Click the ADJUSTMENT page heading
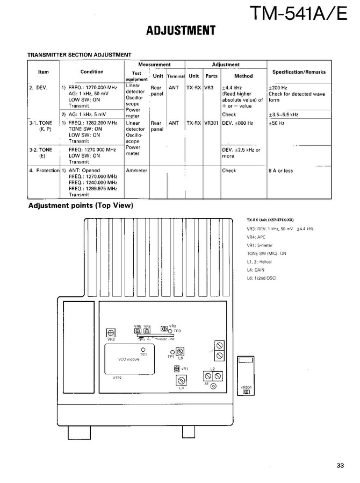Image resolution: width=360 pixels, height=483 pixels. (x=181, y=31)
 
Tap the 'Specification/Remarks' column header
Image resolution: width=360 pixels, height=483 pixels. (x=299, y=72)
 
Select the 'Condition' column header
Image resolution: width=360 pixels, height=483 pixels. (x=92, y=72)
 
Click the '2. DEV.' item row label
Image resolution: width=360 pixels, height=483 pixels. (x=38, y=87)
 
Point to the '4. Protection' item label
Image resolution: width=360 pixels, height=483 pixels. (x=44, y=171)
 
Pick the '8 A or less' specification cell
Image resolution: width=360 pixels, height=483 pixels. (x=280, y=171)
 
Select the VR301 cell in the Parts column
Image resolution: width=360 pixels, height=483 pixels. (x=211, y=123)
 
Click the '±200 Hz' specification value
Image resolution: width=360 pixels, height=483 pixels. (x=278, y=87)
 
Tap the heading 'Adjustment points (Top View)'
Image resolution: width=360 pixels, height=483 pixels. (x=81, y=206)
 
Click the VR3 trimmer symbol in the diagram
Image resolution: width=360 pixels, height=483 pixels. (x=111, y=332)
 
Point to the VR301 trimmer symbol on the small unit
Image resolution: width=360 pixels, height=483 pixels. (x=246, y=392)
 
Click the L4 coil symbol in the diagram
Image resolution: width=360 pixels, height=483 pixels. (x=178, y=380)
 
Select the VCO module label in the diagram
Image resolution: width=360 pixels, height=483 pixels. (x=129, y=359)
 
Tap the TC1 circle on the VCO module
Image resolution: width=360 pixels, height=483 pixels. (x=143, y=350)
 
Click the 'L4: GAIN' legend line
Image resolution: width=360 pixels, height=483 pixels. (x=256, y=269)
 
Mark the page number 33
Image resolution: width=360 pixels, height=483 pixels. (x=340, y=466)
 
